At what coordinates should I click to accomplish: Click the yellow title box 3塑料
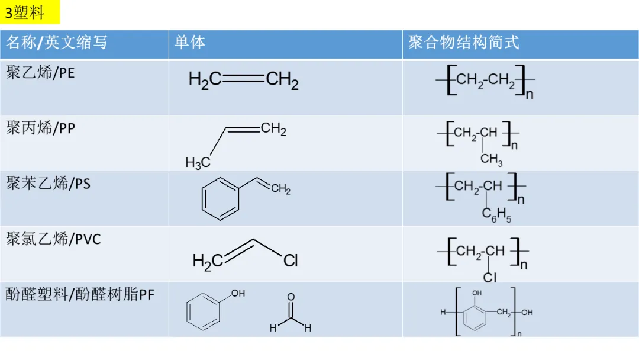pyautogui.click(x=30, y=12)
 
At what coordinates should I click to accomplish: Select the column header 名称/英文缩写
pyautogui.click(x=57, y=43)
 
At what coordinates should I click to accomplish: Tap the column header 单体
pyautogui.click(x=190, y=43)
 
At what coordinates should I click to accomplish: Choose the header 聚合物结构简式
pyautogui.click(x=463, y=43)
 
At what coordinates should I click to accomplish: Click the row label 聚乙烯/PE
pyautogui.click(x=40, y=73)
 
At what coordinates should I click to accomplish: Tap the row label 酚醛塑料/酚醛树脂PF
pyautogui.click(x=80, y=294)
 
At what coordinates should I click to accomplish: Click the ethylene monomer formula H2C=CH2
pyautogui.click(x=243, y=80)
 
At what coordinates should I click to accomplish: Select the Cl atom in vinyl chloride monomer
pyautogui.click(x=290, y=261)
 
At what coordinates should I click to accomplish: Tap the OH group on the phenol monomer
pyautogui.click(x=238, y=293)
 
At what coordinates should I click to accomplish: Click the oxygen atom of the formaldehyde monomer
pyautogui.click(x=291, y=297)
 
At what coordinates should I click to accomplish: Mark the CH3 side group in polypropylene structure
pyautogui.click(x=491, y=159)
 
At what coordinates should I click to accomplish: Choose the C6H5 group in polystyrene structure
pyautogui.click(x=496, y=216)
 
